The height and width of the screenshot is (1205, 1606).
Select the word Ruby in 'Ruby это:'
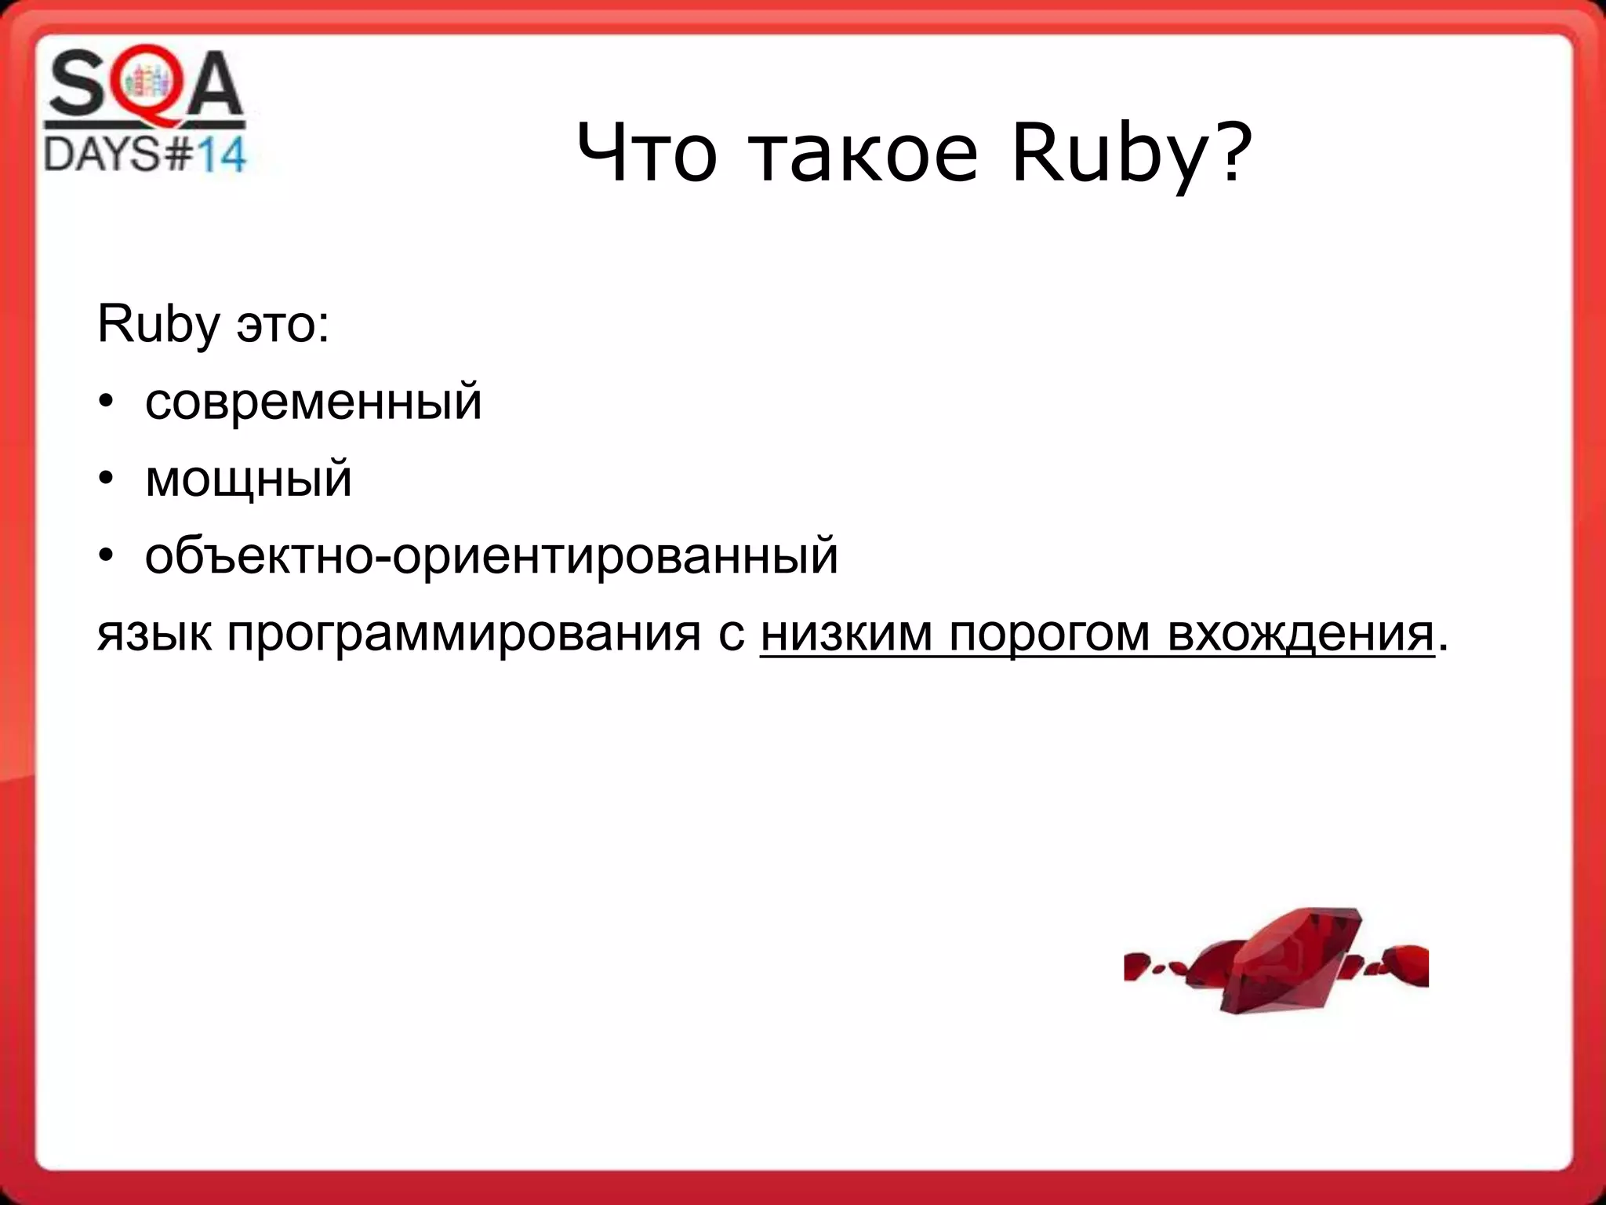[x=158, y=325]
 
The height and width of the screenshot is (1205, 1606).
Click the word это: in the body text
[x=282, y=325]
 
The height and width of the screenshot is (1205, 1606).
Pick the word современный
[x=313, y=402]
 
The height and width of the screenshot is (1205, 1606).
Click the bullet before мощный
[x=107, y=479]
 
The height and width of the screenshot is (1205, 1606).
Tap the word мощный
[x=249, y=479]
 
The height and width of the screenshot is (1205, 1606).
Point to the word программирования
[x=463, y=633]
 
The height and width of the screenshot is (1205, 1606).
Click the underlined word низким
[x=846, y=633]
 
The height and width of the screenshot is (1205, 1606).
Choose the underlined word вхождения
[x=1299, y=633]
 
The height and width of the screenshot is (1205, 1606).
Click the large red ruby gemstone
[x=1286, y=961]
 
